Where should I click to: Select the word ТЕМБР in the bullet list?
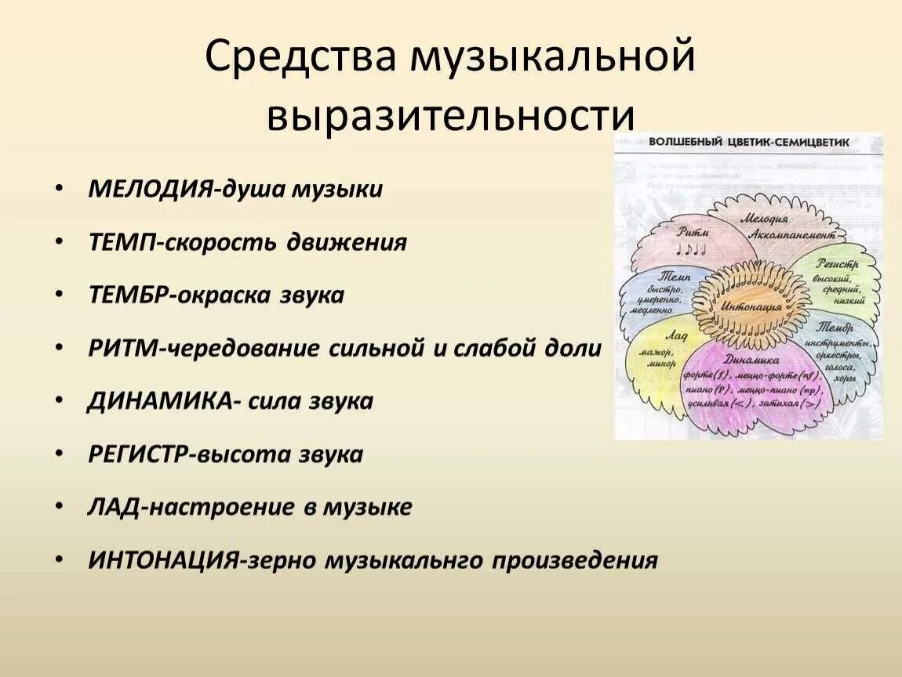tap(129, 295)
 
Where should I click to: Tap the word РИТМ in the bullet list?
tap(122, 349)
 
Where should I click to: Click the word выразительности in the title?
tap(449, 115)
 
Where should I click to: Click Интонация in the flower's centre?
tap(751, 306)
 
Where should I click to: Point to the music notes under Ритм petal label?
tap(692, 249)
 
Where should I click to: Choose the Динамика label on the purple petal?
tap(751, 360)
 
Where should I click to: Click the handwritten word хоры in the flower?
tap(844, 378)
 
